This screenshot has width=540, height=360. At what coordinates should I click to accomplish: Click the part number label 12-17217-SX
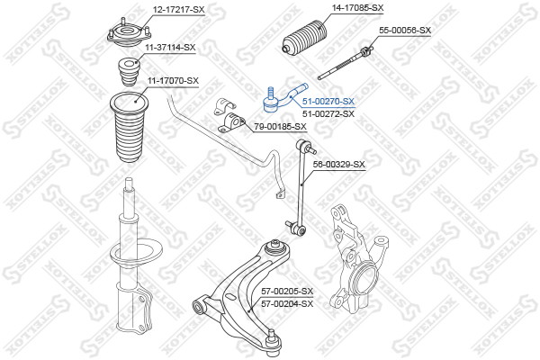pyautogui.click(x=179, y=10)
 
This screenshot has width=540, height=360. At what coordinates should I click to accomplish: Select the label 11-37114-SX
pyautogui.click(x=170, y=47)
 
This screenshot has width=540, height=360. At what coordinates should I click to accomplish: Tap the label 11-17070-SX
pyautogui.click(x=173, y=81)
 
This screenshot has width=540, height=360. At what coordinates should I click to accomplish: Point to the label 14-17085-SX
pyautogui.click(x=357, y=7)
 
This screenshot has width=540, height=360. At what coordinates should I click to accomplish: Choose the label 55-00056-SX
pyautogui.click(x=405, y=31)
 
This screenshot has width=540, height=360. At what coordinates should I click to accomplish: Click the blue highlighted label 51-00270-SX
pyautogui.click(x=328, y=102)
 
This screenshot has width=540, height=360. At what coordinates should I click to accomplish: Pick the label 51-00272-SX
pyautogui.click(x=328, y=113)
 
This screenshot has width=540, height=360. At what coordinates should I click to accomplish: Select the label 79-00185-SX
pyautogui.click(x=280, y=127)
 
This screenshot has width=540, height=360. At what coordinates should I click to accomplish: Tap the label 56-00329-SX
pyautogui.click(x=338, y=165)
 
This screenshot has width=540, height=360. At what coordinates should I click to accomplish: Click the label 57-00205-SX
pyautogui.click(x=287, y=292)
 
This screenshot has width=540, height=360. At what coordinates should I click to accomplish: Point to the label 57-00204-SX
pyautogui.click(x=287, y=304)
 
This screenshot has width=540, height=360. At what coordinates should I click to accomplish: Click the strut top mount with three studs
pyautogui.click(x=129, y=35)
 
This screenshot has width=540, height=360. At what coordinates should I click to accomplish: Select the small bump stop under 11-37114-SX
pyautogui.click(x=129, y=73)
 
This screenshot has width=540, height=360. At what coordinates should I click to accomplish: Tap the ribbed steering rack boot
pyautogui.click(x=304, y=38)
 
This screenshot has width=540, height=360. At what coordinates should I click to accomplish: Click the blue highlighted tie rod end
pyautogui.click(x=283, y=97)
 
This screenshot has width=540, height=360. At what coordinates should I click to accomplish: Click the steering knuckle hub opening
pyautogui.click(x=366, y=275)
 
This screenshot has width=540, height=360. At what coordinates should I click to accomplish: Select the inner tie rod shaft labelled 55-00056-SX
pyautogui.click(x=345, y=64)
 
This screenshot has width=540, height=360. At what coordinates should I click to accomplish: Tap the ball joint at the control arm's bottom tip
pyautogui.click(x=274, y=340)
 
